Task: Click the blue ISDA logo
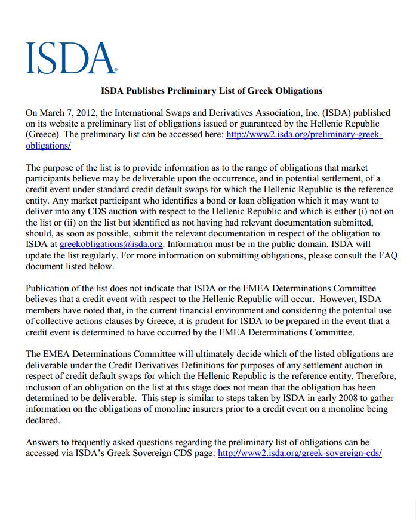pos(71,58)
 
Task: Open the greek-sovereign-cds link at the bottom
pos(300,453)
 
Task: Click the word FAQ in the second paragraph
pos(386,255)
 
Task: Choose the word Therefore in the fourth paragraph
pos(368,375)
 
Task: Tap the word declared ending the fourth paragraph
pos(43,420)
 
